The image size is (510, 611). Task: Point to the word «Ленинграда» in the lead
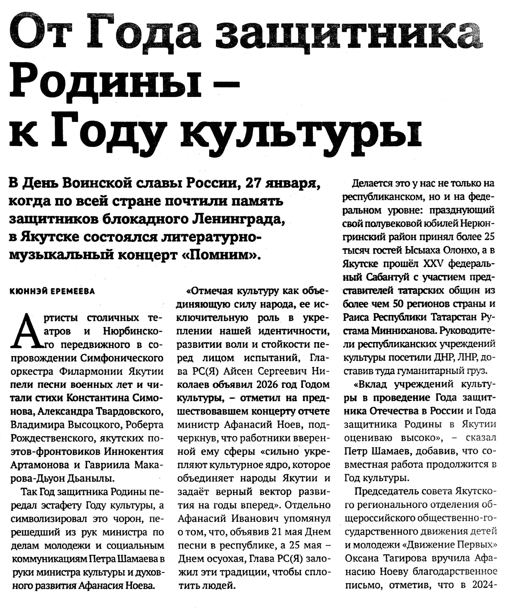239,219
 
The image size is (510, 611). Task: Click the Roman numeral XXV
433,264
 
